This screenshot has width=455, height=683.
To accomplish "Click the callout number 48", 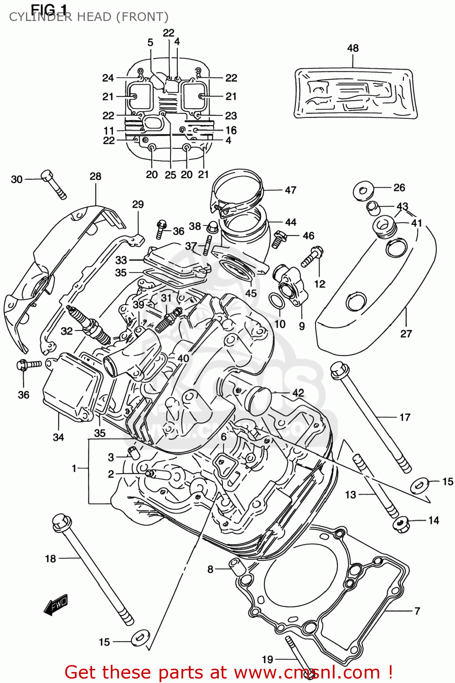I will click(x=353, y=48).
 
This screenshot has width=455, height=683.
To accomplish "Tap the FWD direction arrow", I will click(x=56, y=605).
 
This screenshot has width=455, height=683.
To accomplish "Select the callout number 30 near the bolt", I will click(x=17, y=179).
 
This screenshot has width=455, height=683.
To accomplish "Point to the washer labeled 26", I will click(x=363, y=191).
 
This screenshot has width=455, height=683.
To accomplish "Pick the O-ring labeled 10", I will click(x=276, y=301).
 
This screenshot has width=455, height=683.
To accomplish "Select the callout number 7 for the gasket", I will click(x=417, y=611).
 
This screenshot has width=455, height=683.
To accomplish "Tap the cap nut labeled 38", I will click(x=211, y=226).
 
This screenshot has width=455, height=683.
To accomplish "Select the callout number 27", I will click(x=406, y=334).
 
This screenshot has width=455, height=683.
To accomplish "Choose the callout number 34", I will click(x=58, y=438).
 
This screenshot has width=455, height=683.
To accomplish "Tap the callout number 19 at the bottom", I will click(x=268, y=659).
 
